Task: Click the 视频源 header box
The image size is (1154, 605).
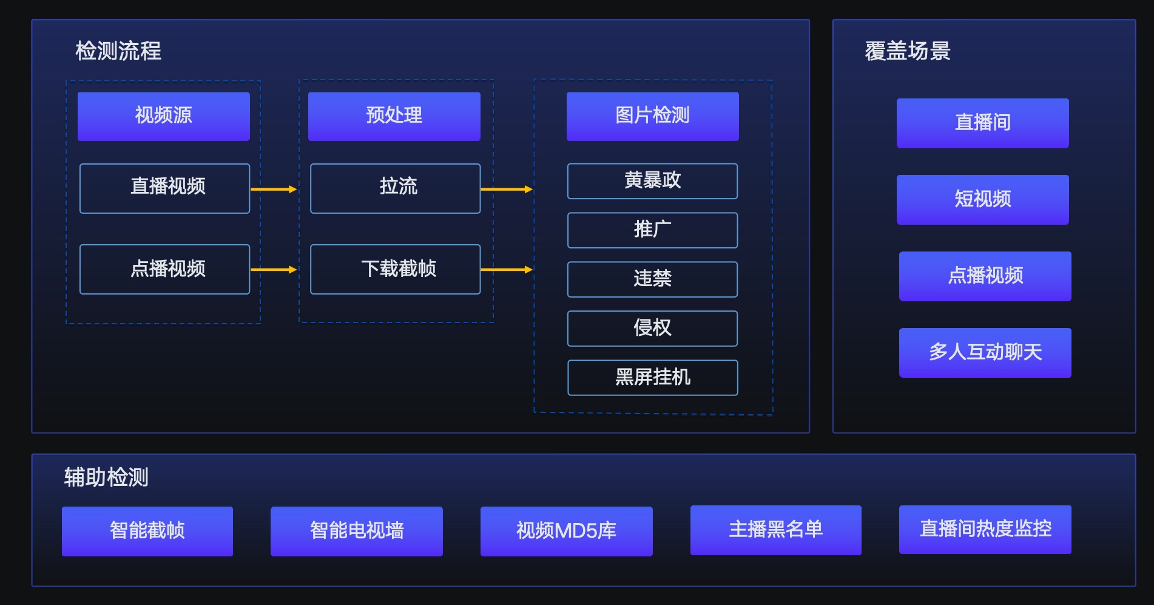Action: (164, 117)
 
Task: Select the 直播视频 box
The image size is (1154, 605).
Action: (164, 188)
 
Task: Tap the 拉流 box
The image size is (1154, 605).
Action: (395, 188)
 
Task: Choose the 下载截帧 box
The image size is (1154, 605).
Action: (395, 269)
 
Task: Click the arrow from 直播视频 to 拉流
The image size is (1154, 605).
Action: (274, 190)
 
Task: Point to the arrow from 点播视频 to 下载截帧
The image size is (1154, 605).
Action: (274, 270)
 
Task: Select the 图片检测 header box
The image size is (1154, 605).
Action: (653, 117)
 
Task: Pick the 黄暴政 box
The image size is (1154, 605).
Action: (652, 181)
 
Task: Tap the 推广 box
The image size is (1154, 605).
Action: (652, 230)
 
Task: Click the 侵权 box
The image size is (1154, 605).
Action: (652, 329)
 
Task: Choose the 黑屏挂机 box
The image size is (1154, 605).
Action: (652, 378)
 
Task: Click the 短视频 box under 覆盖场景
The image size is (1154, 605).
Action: (983, 200)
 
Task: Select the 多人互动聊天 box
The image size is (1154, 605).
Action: (985, 353)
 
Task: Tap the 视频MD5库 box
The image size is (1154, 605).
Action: (567, 532)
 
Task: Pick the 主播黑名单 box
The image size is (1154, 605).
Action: (776, 530)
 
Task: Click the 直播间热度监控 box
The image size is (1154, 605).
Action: (985, 530)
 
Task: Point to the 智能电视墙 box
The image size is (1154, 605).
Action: (357, 532)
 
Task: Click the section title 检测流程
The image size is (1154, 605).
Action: (118, 51)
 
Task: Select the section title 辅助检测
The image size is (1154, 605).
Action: (106, 477)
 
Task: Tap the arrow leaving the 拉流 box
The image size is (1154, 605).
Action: (507, 190)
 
